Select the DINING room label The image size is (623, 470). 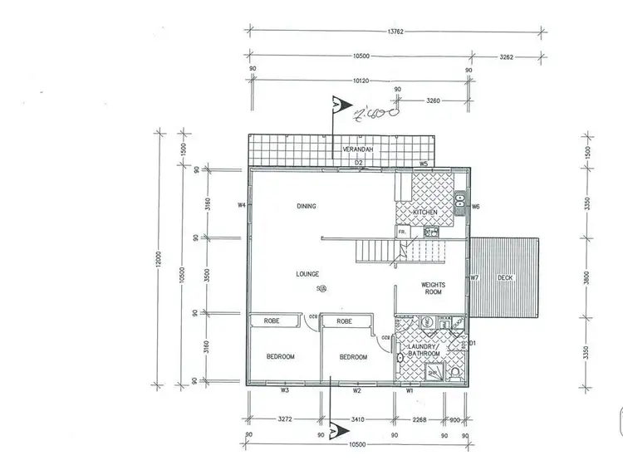pyautogui.click(x=307, y=206)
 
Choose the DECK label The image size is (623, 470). pyautogui.click(x=505, y=277)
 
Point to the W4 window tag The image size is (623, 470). pyautogui.click(x=242, y=204)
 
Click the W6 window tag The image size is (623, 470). pyautogui.click(x=476, y=206)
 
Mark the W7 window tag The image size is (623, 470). pyautogui.click(x=474, y=277)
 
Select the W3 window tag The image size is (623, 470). pyautogui.click(x=284, y=389)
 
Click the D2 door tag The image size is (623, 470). pyautogui.click(x=359, y=163)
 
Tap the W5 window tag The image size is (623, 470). pyautogui.click(x=423, y=164)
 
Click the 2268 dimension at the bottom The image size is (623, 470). pyautogui.click(x=419, y=420)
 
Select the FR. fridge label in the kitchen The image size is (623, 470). pyautogui.click(x=402, y=233)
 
